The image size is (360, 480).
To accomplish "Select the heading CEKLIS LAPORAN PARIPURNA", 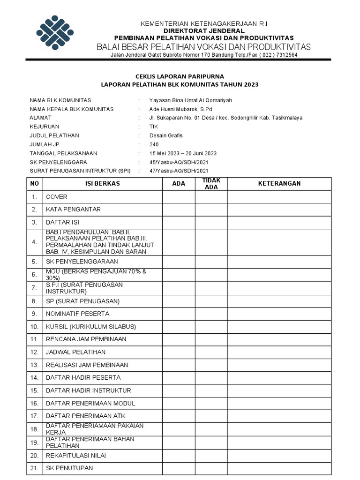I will click(180, 76).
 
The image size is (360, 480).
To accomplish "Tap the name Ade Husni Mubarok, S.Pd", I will click(180, 109).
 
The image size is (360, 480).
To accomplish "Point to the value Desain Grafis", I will click(166, 135).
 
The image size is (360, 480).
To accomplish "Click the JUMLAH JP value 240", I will click(154, 144).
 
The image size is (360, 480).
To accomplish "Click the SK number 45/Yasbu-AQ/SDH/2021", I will click(179, 162).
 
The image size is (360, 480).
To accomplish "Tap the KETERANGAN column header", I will click(279, 184).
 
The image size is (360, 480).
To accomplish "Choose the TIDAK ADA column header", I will click(211, 184).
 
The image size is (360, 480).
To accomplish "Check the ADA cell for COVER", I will click(179, 197).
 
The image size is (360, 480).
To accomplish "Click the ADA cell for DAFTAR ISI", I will click(179, 222).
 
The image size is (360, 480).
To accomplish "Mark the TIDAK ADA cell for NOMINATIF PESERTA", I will click(211, 314).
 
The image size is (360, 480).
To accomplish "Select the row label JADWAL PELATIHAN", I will click(75, 352).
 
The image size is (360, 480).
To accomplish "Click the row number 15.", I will click(34, 390).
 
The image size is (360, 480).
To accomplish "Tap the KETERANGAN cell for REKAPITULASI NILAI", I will click(279, 455).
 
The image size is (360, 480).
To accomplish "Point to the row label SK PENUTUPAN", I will click(69, 468).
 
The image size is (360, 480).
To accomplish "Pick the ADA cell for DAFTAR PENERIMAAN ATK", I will click(179, 416).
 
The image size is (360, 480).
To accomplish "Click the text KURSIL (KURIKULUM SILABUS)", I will click(90, 326).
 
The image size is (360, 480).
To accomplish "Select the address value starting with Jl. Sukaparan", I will click(225, 118).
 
